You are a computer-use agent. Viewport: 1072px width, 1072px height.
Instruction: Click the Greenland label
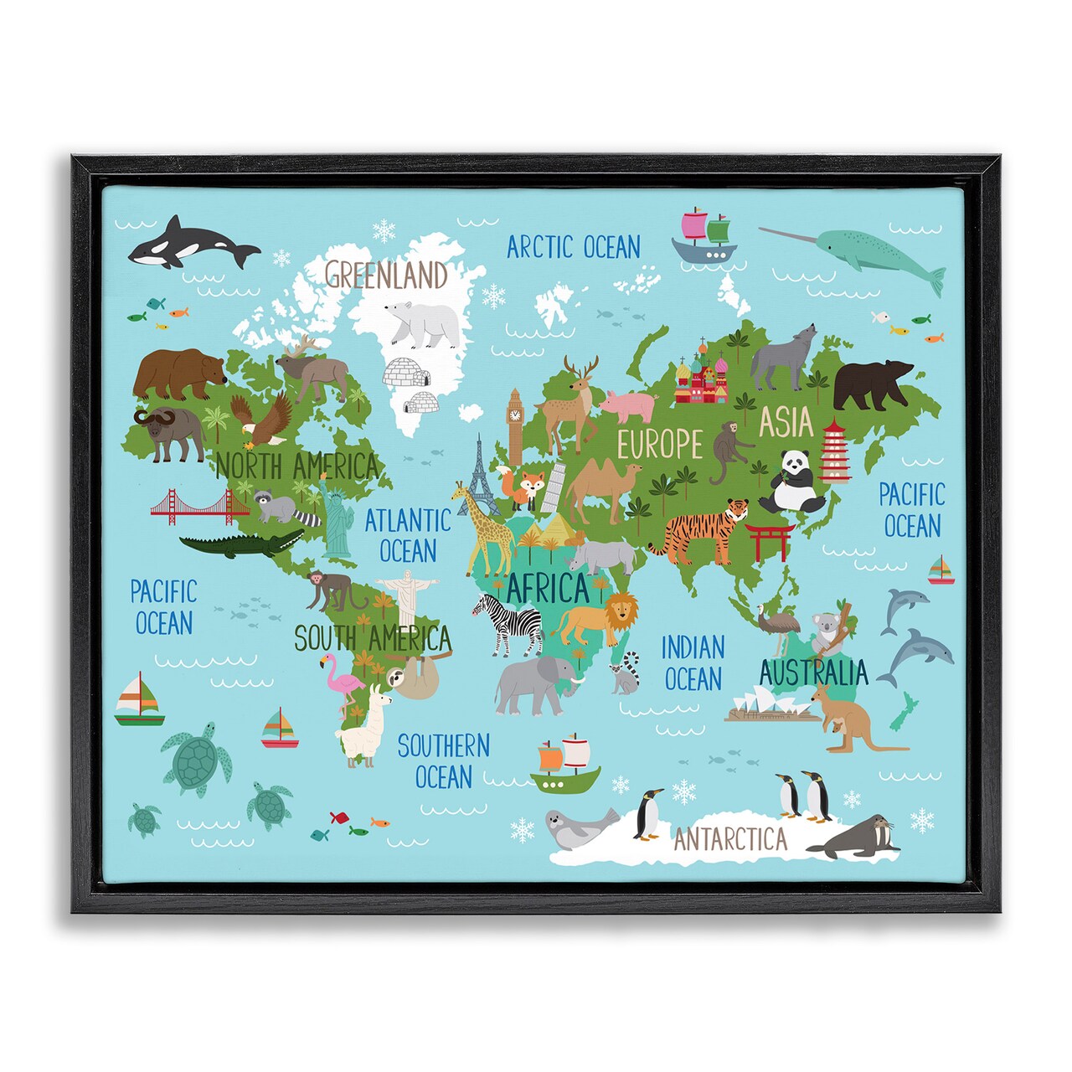[x=387, y=274]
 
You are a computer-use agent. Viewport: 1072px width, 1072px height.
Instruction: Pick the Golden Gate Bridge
[x=200, y=506]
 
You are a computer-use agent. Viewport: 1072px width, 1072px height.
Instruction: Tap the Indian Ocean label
[x=693, y=662]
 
